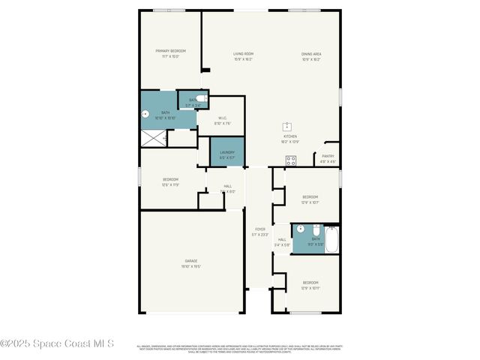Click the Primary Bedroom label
170,51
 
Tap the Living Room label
243,54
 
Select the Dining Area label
311,54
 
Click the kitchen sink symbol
286,126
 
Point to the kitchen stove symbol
290,160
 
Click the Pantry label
328,156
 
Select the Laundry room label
227,152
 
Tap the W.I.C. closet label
223,118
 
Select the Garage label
191,261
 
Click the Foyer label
260,229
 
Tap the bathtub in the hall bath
331,238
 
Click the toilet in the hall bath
316,228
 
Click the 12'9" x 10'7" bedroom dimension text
310,202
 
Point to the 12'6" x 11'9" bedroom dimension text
171,184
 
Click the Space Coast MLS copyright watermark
57,343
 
